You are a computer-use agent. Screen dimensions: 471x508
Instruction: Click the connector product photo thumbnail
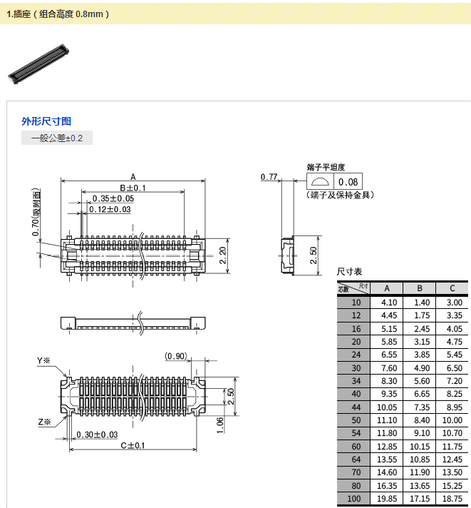click(38, 63)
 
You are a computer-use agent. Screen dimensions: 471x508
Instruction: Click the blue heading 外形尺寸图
click(46, 121)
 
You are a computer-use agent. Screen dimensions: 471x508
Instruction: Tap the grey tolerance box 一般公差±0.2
click(57, 138)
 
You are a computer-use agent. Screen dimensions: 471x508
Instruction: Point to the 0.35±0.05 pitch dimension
click(113, 198)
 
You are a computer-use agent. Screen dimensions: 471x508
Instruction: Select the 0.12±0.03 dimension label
click(110, 210)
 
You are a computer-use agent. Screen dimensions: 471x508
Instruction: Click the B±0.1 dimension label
click(133, 188)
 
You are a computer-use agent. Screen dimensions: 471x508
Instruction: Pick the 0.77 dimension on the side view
click(269, 177)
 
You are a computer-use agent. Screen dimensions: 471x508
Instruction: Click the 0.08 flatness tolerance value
click(348, 182)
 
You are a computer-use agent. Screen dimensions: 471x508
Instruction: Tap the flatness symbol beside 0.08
click(320, 181)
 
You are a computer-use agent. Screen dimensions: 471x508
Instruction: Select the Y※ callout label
click(43, 360)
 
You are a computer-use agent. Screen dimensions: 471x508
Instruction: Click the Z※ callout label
click(44, 422)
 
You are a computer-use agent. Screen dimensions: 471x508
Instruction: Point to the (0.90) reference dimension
click(176, 356)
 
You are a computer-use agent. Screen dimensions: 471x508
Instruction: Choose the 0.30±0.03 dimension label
click(97, 435)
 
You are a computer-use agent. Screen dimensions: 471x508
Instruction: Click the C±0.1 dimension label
click(133, 445)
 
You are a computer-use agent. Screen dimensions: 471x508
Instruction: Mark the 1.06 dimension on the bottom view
click(220, 425)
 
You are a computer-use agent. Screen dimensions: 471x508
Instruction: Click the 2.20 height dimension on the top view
click(222, 255)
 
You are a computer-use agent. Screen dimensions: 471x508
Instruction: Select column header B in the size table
click(420, 288)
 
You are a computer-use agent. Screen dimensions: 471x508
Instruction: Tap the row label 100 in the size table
click(353, 499)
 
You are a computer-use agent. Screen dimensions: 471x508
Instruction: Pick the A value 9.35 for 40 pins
click(389, 394)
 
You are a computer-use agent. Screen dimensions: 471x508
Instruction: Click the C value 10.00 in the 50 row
click(452, 420)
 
